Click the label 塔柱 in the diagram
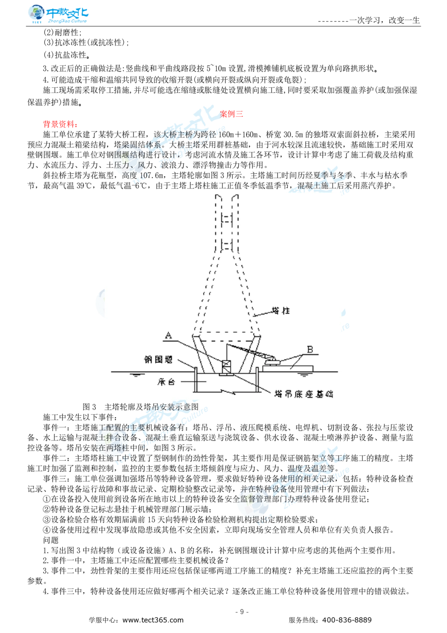pos(281,310)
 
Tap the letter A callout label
pos(168,335)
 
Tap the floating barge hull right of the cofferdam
pos(288,368)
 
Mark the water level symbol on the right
pos(304,375)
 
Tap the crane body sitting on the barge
pos(271,361)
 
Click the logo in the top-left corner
pos(57,14)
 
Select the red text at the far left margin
pos(60,124)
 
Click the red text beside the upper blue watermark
pos(232,114)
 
